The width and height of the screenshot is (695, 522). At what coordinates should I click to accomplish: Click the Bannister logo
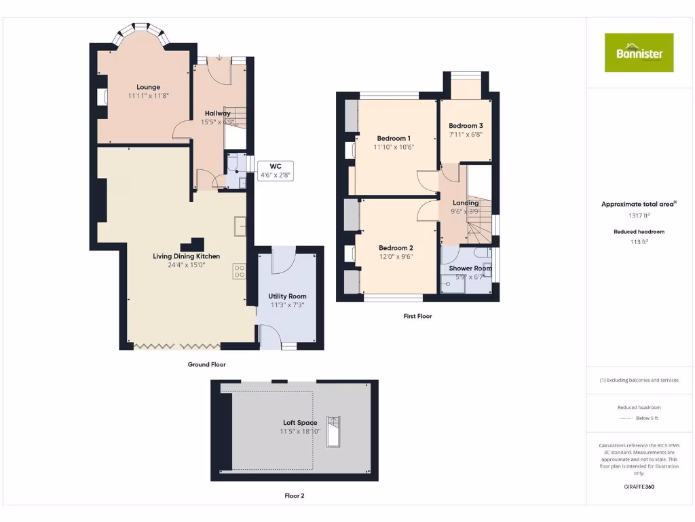tap(639, 52)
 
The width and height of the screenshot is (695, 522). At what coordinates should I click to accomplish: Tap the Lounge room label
tap(148, 87)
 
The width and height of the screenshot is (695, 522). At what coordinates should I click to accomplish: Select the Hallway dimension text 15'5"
tap(209, 122)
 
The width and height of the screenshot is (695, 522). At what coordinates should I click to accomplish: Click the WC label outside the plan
tap(275, 166)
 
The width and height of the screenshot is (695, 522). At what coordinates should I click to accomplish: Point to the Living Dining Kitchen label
tap(186, 256)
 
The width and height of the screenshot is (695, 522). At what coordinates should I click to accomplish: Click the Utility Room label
tap(287, 296)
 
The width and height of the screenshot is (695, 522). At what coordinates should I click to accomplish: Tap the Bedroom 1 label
tap(394, 138)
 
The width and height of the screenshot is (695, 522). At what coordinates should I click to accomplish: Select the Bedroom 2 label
tap(396, 248)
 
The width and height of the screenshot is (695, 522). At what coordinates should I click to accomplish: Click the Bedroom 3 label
tap(466, 126)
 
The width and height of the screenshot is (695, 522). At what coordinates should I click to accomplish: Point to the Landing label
tap(465, 203)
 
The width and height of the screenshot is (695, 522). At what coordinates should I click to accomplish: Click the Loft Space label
tap(299, 423)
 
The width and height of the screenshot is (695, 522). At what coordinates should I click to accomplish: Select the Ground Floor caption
tap(206, 365)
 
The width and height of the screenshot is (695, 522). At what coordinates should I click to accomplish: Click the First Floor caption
tap(417, 317)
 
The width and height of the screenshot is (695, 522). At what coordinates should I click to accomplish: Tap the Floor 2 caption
tap(294, 496)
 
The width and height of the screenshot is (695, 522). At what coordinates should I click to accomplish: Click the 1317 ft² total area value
tap(639, 215)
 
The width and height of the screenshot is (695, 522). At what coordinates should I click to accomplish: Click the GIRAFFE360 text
tap(639, 487)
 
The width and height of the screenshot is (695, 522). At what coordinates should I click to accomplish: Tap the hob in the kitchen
tap(239, 271)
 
